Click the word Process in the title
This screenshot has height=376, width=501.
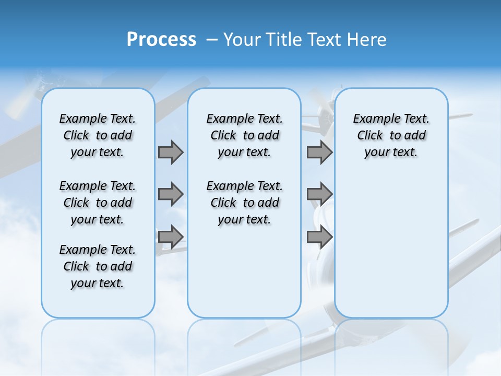[161, 40]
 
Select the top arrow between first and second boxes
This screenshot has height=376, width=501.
[171, 152]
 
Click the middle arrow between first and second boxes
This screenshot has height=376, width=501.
[171, 194]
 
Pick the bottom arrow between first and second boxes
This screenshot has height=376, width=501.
[171, 237]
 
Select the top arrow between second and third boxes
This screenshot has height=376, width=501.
[319, 152]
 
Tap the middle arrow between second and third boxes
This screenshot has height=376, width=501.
[319, 194]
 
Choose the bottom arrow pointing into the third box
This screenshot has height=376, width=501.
[319, 237]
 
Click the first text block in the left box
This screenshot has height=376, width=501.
[98, 135]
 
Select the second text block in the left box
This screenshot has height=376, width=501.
[98, 203]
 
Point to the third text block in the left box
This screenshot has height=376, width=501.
[98, 266]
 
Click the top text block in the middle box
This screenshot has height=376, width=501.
[244, 135]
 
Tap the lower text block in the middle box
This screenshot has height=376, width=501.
[244, 203]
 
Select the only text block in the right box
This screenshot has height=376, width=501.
[391, 135]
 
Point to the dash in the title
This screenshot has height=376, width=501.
[211, 40]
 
